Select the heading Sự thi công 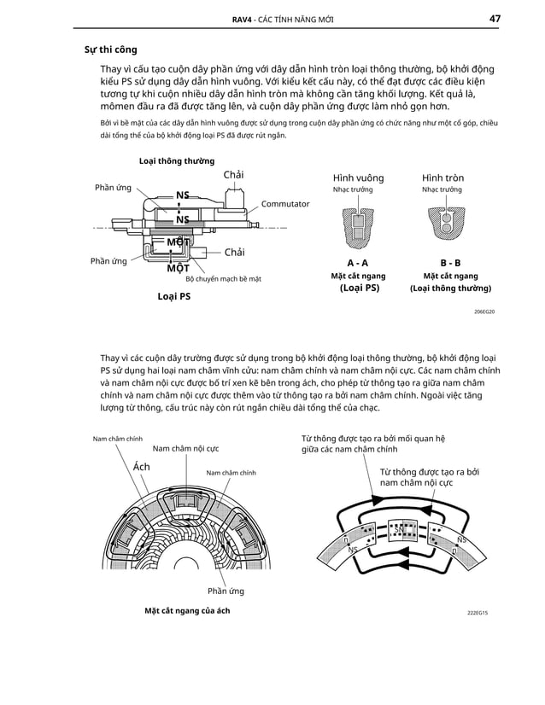click(103, 50)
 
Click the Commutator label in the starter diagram click(284, 205)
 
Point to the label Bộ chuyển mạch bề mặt click(223, 279)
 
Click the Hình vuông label click(358, 178)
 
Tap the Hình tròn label click(442, 178)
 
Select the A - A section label click(358, 263)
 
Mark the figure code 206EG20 click(484, 312)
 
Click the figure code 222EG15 click(483, 613)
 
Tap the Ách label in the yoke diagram click(142, 467)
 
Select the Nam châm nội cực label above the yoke click(185, 448)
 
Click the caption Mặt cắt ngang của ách click(186, 611)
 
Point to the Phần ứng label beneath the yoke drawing click(226, 591)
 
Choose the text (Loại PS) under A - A click(358, 288)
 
